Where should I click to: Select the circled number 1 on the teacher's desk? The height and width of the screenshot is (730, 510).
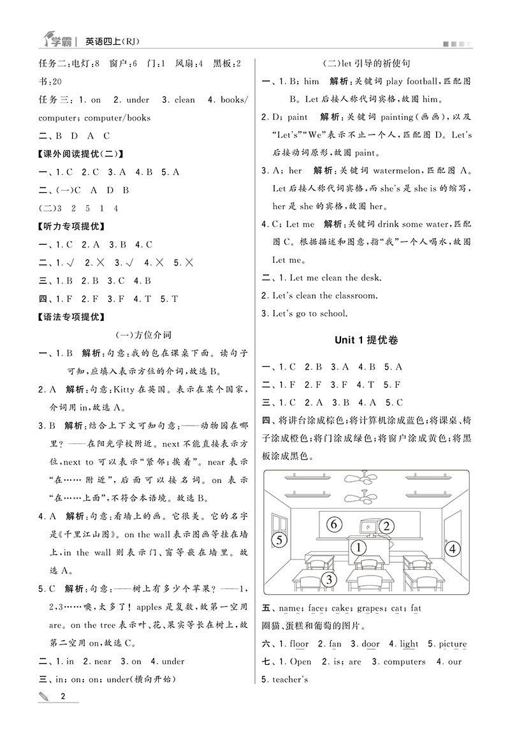point(359,547)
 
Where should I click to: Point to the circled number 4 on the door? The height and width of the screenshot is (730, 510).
point(452,548)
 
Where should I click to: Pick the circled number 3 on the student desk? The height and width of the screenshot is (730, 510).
point(328,579)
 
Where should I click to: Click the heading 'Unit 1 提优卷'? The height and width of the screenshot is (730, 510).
point(367,340)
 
